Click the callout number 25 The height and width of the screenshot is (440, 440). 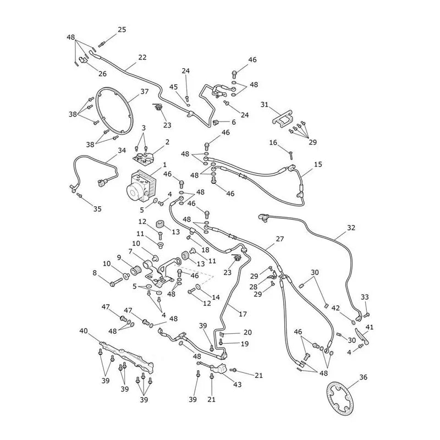122,30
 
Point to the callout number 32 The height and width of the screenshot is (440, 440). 351,228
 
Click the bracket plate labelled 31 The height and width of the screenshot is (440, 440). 283,118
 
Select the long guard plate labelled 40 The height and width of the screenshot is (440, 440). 127,356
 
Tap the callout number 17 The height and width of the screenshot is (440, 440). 243,313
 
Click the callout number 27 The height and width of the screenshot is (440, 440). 280,239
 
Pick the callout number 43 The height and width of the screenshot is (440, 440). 238,384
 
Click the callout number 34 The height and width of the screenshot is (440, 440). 122,150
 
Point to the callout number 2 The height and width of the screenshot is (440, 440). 167,142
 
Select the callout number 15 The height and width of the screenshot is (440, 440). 318,164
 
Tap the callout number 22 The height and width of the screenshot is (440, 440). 142,57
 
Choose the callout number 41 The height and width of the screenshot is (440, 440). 370,327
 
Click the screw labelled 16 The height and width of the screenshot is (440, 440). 291,155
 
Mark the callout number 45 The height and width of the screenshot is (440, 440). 173,87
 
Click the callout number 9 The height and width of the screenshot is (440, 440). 119,257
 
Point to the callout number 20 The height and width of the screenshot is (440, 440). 248,332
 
